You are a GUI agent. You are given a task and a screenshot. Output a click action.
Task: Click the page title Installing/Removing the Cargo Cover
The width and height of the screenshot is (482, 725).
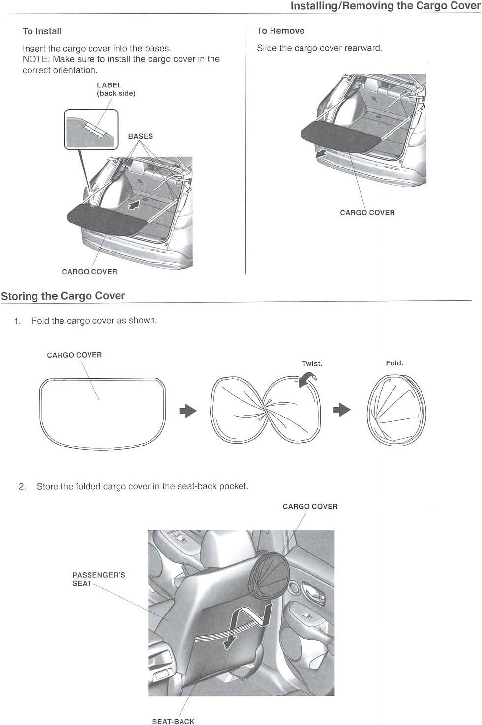click(385, 6)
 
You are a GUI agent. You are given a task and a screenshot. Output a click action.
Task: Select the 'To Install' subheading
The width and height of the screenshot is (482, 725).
click(42, 31)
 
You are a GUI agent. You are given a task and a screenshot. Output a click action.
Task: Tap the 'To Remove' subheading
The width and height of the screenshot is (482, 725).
click(281, 31)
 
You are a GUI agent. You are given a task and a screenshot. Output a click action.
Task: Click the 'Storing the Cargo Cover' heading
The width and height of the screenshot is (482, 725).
click(63, 296)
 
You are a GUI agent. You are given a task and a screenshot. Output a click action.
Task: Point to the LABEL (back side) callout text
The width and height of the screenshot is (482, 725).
click(116, 89)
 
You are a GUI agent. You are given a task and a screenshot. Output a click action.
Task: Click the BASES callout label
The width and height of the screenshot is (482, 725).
click(140, 136)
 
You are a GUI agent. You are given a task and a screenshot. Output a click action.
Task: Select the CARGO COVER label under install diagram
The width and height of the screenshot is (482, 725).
click(90, 272)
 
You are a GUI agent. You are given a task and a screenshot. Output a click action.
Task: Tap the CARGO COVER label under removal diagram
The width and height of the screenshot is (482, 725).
click(367, 213)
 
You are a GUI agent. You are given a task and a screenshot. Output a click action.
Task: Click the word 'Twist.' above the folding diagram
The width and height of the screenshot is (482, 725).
click(312, 364)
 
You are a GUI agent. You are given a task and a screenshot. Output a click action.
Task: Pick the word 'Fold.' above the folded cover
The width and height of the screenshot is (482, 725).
click(394, 363)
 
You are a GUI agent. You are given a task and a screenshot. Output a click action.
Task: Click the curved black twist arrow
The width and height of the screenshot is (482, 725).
click(307, 379)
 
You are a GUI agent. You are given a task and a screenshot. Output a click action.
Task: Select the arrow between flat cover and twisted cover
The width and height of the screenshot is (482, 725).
click(188, 411)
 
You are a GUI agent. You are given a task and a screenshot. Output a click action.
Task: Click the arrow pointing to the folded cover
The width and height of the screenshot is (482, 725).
click(342, 410)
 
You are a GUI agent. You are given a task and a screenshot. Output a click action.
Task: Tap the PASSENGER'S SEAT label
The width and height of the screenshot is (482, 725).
click(99, 579)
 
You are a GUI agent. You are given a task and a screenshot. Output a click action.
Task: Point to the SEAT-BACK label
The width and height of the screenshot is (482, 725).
click(174, 721)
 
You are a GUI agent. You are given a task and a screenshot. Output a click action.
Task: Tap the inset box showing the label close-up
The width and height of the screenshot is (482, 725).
click(91, 130)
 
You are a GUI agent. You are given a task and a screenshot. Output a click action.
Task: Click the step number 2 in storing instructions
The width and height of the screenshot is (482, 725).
click(22, 486)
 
